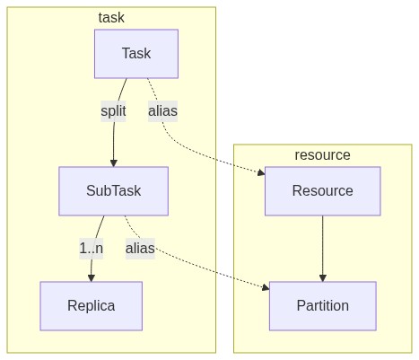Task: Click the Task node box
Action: tap(136, 54)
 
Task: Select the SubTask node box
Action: tap(114, 191)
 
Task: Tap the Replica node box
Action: tap(92, 306)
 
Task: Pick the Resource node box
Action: tap(323, 191)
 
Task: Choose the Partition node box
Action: tap(323, 306)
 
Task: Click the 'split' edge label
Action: tap(113, 111)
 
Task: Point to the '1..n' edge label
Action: tap(92, 249)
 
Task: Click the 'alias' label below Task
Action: tap(163, 111)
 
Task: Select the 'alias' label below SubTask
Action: tap(140, 249)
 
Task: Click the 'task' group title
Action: tap(111, 17)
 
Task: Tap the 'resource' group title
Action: tap(322, 155)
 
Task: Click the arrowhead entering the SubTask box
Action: tap(114, 162)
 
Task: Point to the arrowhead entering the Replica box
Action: tap(92, 278)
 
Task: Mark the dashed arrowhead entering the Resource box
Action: tap(261, 172)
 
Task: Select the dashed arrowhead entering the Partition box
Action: tap(266, 287)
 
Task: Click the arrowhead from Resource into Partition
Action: tap(323, 278)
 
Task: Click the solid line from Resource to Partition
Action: tap(323, 245)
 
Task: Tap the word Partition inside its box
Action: tap(323, 306)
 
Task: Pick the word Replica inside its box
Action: tap(92, 306)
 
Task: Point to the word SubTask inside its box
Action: tap(114, 191)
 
